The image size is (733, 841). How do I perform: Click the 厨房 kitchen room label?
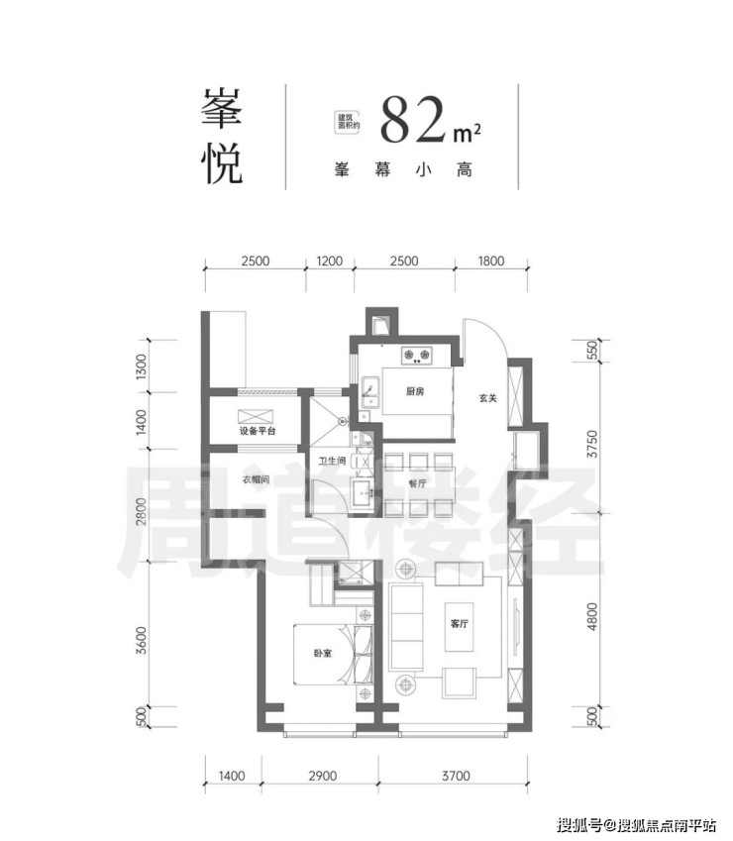[x=414, y=391]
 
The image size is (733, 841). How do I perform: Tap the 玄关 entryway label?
[x=488, y=398]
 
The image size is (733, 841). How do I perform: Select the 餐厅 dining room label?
[x=418, y=483]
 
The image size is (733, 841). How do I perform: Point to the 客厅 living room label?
[x=460, y=624]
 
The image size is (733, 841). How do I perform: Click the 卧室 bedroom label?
[x=323, y=653]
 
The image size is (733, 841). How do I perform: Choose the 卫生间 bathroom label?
[x=333, y=461]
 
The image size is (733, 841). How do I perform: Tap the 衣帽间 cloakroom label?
[x=255, y=479]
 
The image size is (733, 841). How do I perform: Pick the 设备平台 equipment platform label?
[x=258, y=431]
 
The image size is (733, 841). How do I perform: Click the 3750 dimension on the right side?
[x=591, y=444]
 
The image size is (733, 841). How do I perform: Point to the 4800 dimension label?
[x=591, y=616]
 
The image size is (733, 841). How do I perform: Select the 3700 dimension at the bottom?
[x=456, y=776]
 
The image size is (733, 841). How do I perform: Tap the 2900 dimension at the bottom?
[x=323, y=776]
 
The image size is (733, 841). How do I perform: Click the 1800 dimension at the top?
[x=490, y=262]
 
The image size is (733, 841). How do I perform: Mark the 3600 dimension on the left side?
[x=141, y=640]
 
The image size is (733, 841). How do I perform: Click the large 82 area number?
[x=413, y=121]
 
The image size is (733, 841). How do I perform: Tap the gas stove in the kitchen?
[x=417, y=355]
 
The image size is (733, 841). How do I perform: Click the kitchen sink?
[x=370, y=392]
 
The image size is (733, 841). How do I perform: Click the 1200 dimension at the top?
[x=329, y=262]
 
